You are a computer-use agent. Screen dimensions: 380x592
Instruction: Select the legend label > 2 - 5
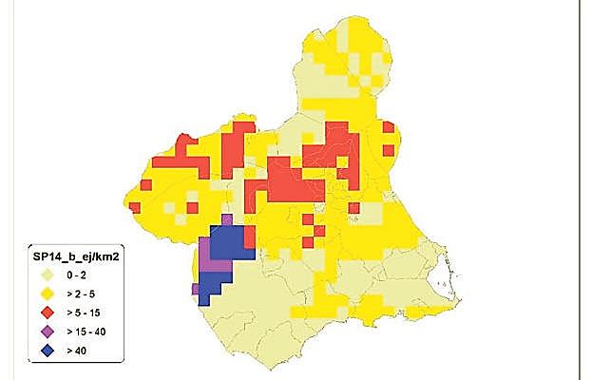click(81, 294)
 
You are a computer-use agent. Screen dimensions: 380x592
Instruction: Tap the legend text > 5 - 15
click(83, 313)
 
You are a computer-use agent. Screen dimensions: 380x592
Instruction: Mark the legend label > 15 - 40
click(86, 332)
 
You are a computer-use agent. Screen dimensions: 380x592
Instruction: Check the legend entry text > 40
click(75, 351)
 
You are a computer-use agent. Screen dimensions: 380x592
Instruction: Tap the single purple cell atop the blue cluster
click(226, 219)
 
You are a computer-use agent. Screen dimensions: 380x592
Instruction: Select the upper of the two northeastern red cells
click(388, 127)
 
